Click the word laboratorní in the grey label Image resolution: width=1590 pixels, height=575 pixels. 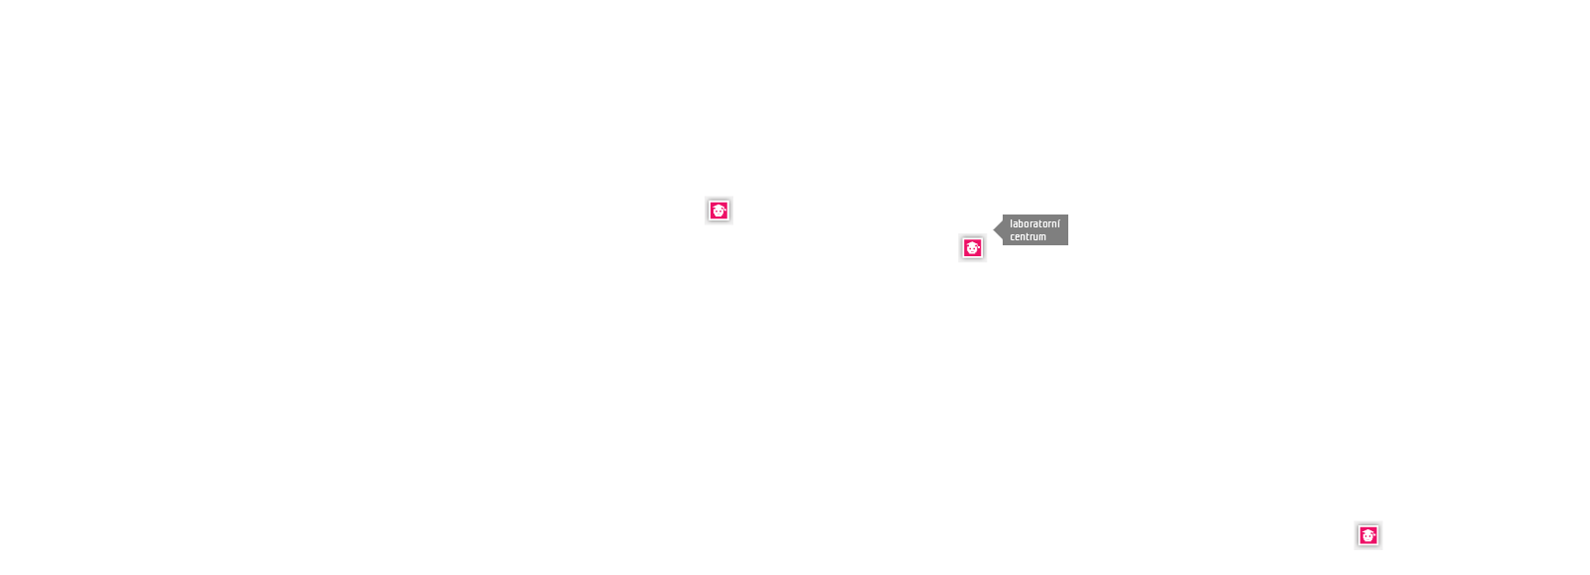tap(1034, 224)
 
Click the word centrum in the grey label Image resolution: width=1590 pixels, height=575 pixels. tap(1028, 236)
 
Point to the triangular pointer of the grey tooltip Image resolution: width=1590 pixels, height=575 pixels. tap(998, 229)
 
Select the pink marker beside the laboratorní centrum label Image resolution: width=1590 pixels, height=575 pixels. tap(973, 248)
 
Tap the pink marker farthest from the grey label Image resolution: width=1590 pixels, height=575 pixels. tap(1368, 536)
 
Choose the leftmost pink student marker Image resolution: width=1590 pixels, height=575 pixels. tap(719, 211)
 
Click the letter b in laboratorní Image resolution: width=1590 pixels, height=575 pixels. tap(1022, 224)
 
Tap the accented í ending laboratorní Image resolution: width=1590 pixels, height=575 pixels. tap(1058, 224)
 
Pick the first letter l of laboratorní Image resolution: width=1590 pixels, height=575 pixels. tap(1012, 224)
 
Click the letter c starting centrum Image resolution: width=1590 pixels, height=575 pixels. tap(1013, 237)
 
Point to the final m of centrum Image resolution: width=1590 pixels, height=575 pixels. tap(1042, 237)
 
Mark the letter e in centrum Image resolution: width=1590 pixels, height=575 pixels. tap(1018, 237)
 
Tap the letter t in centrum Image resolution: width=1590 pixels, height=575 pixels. tap(1028, 236)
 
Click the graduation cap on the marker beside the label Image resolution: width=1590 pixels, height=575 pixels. tap(973, 244)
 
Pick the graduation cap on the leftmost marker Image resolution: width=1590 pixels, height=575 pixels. tap(719, 207)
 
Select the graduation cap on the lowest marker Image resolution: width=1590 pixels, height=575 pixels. tap(1368, 532)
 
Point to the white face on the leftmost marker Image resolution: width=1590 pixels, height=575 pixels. tap(719, 213)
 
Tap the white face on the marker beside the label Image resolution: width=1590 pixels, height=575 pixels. tap(973, 250)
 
